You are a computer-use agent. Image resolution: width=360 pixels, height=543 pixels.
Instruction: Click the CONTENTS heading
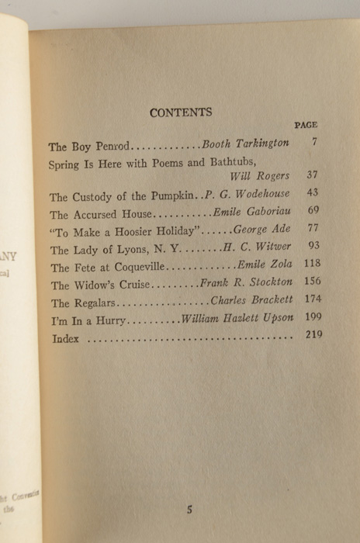(x=181, y=112)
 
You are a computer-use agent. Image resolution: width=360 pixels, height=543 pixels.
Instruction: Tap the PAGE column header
(x=306, y=125)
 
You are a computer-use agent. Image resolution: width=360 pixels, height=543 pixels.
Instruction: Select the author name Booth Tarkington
(x=245, y=144)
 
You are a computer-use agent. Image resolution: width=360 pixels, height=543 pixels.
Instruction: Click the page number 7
(x=313, y=143)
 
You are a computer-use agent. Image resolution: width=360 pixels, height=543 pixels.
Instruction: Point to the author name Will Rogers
(x=258, y=177)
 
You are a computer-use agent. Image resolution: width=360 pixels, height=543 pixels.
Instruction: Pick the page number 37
(x=312, y=176)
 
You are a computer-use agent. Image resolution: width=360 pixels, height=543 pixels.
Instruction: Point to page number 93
(x=313, y=247)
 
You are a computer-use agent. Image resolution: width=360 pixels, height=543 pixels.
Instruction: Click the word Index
(x=65, y=339)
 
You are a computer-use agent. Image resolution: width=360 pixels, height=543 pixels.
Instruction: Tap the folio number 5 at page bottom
(x=189, y=510)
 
